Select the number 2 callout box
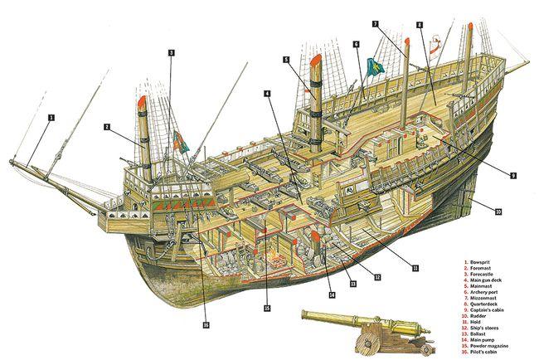[107, 127]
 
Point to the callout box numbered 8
[421, 26]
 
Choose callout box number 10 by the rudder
[498, 212]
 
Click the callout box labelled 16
[205, 324]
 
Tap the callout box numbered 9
[513, 176]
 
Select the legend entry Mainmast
[488, 286]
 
